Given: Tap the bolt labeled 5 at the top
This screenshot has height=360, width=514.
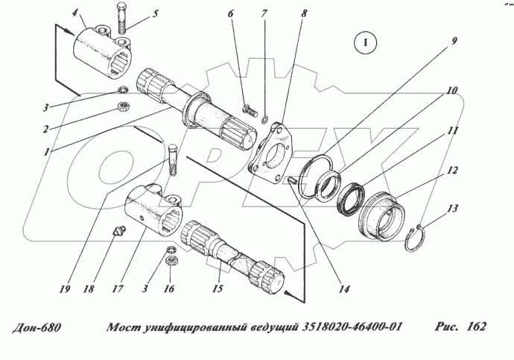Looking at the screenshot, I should [x=121, y=19].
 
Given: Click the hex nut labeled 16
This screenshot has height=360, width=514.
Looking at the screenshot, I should [x=170, y=262].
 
